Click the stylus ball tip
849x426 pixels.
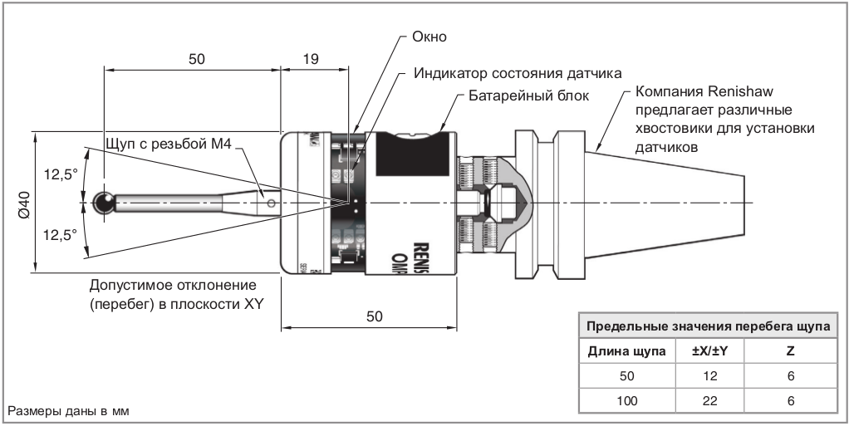click(105, 203)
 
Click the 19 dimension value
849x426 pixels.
click(311, 59)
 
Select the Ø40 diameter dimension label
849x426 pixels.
click(23, 203)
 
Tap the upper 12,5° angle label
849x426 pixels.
click(60, 174)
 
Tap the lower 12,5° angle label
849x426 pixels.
click(60, 235)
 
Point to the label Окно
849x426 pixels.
click(429, 37)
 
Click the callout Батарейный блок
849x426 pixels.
click(528, 95)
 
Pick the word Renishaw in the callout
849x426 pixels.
click(738, 91)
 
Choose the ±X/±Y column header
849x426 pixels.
click(709, 351)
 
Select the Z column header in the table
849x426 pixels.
click(791, 351)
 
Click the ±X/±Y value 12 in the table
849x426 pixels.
click(709, 376)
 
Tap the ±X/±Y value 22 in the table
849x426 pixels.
click(709, 401)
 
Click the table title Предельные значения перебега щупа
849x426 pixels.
click(709, 326)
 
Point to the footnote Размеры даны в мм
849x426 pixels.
click(69, 411)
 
